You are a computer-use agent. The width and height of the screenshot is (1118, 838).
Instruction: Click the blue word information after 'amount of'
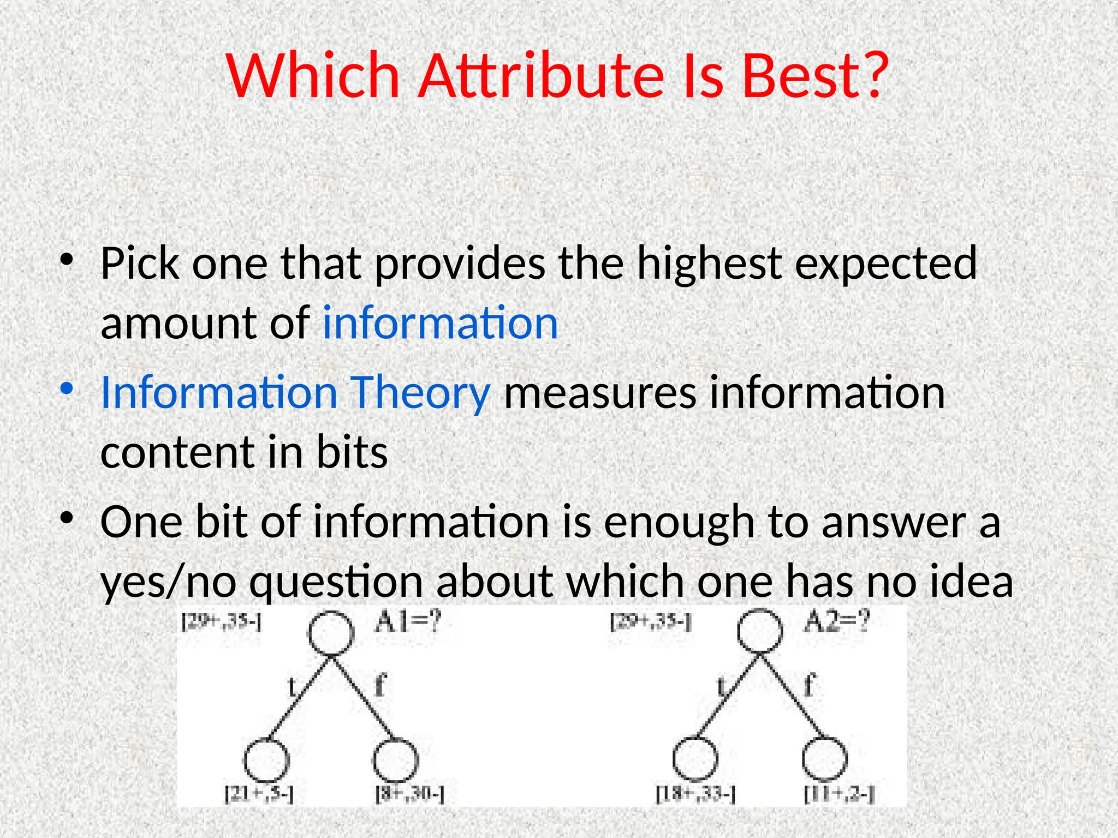pos(440,323)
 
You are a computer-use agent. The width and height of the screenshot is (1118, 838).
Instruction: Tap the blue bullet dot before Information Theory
pos(67,388)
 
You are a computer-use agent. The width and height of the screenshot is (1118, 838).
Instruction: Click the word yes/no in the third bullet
pos(169,582)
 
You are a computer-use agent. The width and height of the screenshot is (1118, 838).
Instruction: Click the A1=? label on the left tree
pos(407,622)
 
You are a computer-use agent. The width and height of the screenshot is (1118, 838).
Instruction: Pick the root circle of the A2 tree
pos(760,631)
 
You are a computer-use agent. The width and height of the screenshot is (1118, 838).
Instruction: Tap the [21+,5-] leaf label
pos(259,794)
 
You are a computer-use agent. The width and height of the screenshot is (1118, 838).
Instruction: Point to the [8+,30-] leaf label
pos(409,794)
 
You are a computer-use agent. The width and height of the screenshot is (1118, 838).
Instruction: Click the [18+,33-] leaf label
pos(695,794)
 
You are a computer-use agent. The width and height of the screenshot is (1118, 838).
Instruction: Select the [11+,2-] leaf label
pos(839,794)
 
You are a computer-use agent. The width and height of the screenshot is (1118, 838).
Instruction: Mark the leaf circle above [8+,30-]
pos(396,759)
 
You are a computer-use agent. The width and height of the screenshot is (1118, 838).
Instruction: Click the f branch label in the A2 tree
pos(810,684)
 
